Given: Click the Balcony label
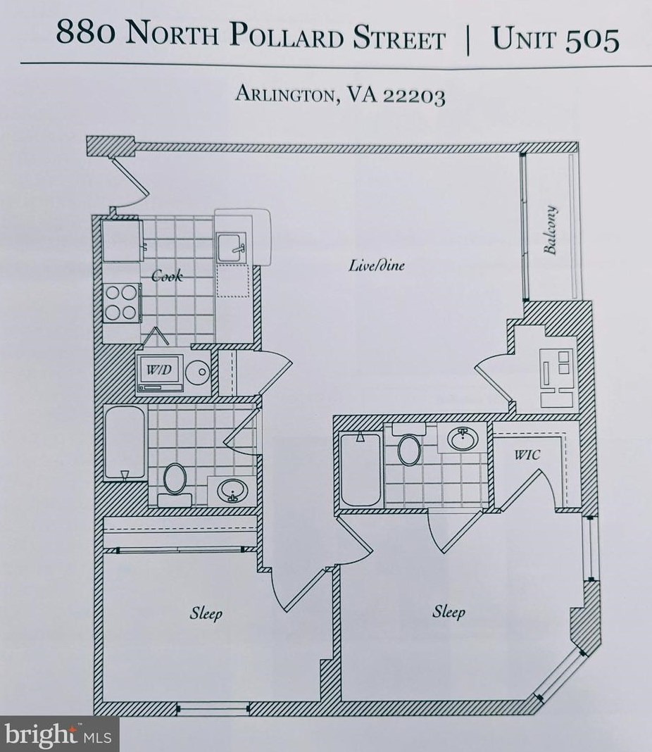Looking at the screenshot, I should click(551, 230).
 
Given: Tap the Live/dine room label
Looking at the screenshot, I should click(377, 265).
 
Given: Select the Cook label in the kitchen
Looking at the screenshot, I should click(167, 275).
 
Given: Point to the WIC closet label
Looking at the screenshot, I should click(527, 455).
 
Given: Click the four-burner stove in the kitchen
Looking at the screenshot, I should click(121, 303).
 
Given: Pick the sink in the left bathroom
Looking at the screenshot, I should click(230, 490).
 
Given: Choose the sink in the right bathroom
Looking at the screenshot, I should click(462, 439).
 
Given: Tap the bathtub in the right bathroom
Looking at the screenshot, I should click(360, 468).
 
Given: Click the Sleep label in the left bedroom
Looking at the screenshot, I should click(206, 613).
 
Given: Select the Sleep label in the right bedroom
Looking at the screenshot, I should click(449, 611).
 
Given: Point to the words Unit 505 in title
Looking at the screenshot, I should click(556, 39).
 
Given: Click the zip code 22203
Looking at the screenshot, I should click(413, 96).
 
